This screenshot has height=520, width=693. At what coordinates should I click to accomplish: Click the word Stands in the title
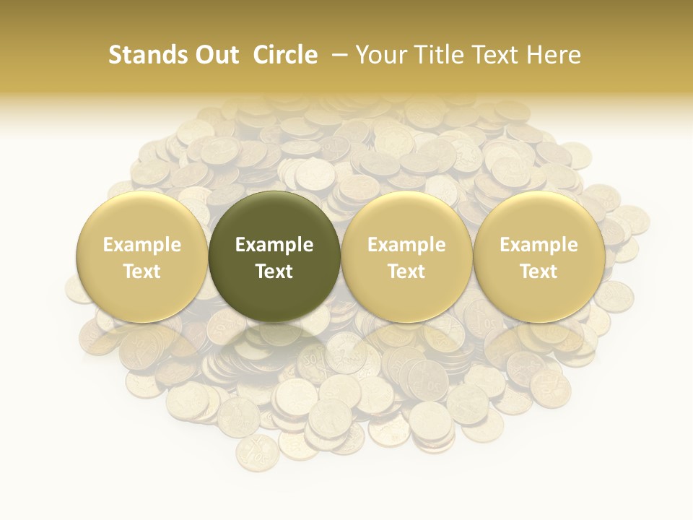pyautogui.click(x=143, y=55)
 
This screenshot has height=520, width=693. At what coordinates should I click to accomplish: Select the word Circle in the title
pyautogui.click(x=285, y=55)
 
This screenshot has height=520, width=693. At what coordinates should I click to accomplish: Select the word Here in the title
pyautogui.click(x=554, y=55)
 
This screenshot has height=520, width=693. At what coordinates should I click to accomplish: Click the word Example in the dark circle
pyautogui.click(x=274, y=245)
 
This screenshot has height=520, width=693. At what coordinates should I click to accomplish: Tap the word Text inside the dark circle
pyautogui.click(x=274, y=272)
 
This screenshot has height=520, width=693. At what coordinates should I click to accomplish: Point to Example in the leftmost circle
pyautogui.click(x=142, y=245)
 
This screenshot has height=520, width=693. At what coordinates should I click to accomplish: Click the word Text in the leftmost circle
pyautogui.click(x=142, y=272)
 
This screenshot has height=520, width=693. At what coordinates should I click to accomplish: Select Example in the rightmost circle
pyautogui.click(x=539, y=245)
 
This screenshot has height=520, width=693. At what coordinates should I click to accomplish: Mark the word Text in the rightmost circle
pyautogui.click(x=539, y=272)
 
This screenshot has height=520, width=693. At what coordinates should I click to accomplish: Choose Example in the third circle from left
pyautogui.click(x=406, y=245)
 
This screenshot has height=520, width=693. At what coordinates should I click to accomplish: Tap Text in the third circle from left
pyautogui.click(x=406, y=272)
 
